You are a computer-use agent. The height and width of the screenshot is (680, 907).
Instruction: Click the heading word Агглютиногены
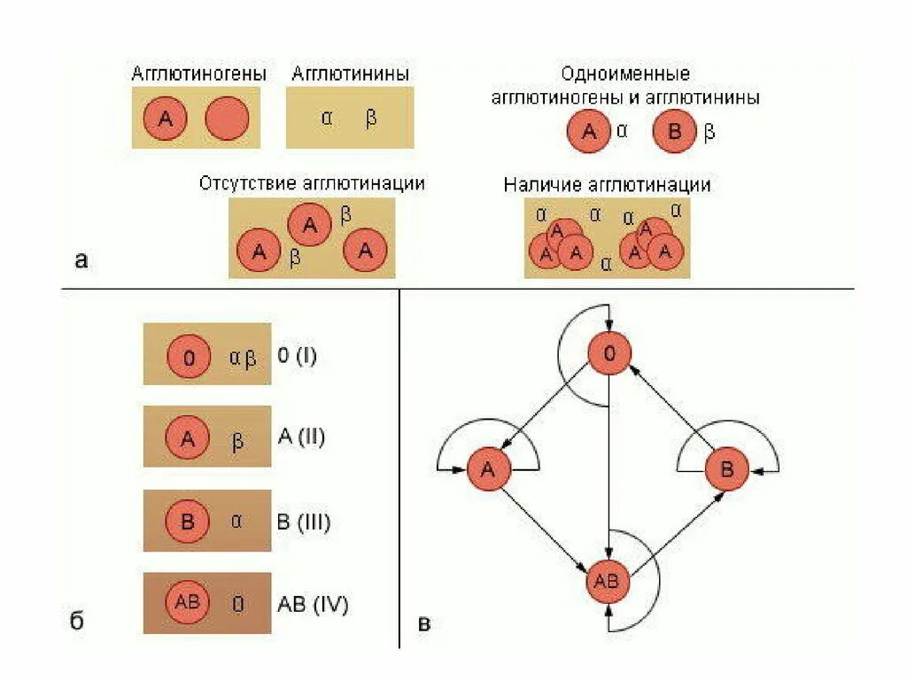point(198,74)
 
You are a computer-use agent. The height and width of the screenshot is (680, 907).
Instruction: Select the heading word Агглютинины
point(350,74)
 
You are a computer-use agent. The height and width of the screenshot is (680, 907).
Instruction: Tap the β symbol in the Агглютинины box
point(371,119)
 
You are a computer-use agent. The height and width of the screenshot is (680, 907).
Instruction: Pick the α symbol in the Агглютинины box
point(327,118)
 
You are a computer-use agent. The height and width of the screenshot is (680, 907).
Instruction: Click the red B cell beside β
point(675,133)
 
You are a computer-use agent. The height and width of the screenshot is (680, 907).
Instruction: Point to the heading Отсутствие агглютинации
point(312,183)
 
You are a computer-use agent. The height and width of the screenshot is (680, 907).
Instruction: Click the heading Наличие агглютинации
point(607,185)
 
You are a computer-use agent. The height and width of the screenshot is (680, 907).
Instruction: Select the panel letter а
point(81,259)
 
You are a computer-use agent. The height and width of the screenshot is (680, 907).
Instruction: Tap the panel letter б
point(78,621)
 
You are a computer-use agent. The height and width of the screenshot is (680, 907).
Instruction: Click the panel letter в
point(424,623)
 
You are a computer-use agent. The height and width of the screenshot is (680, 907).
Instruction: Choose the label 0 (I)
point(297,357)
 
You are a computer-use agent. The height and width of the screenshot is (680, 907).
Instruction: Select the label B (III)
point(304,522)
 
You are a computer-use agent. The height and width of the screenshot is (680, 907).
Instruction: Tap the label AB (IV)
point(313,605)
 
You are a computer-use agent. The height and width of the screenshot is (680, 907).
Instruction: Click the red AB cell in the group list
point(188,602)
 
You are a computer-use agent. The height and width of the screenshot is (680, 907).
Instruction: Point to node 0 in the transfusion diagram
point(609,355)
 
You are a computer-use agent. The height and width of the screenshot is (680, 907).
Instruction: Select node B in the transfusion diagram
point(726,470)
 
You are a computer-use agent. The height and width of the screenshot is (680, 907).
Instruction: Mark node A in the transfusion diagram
point(490,470)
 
